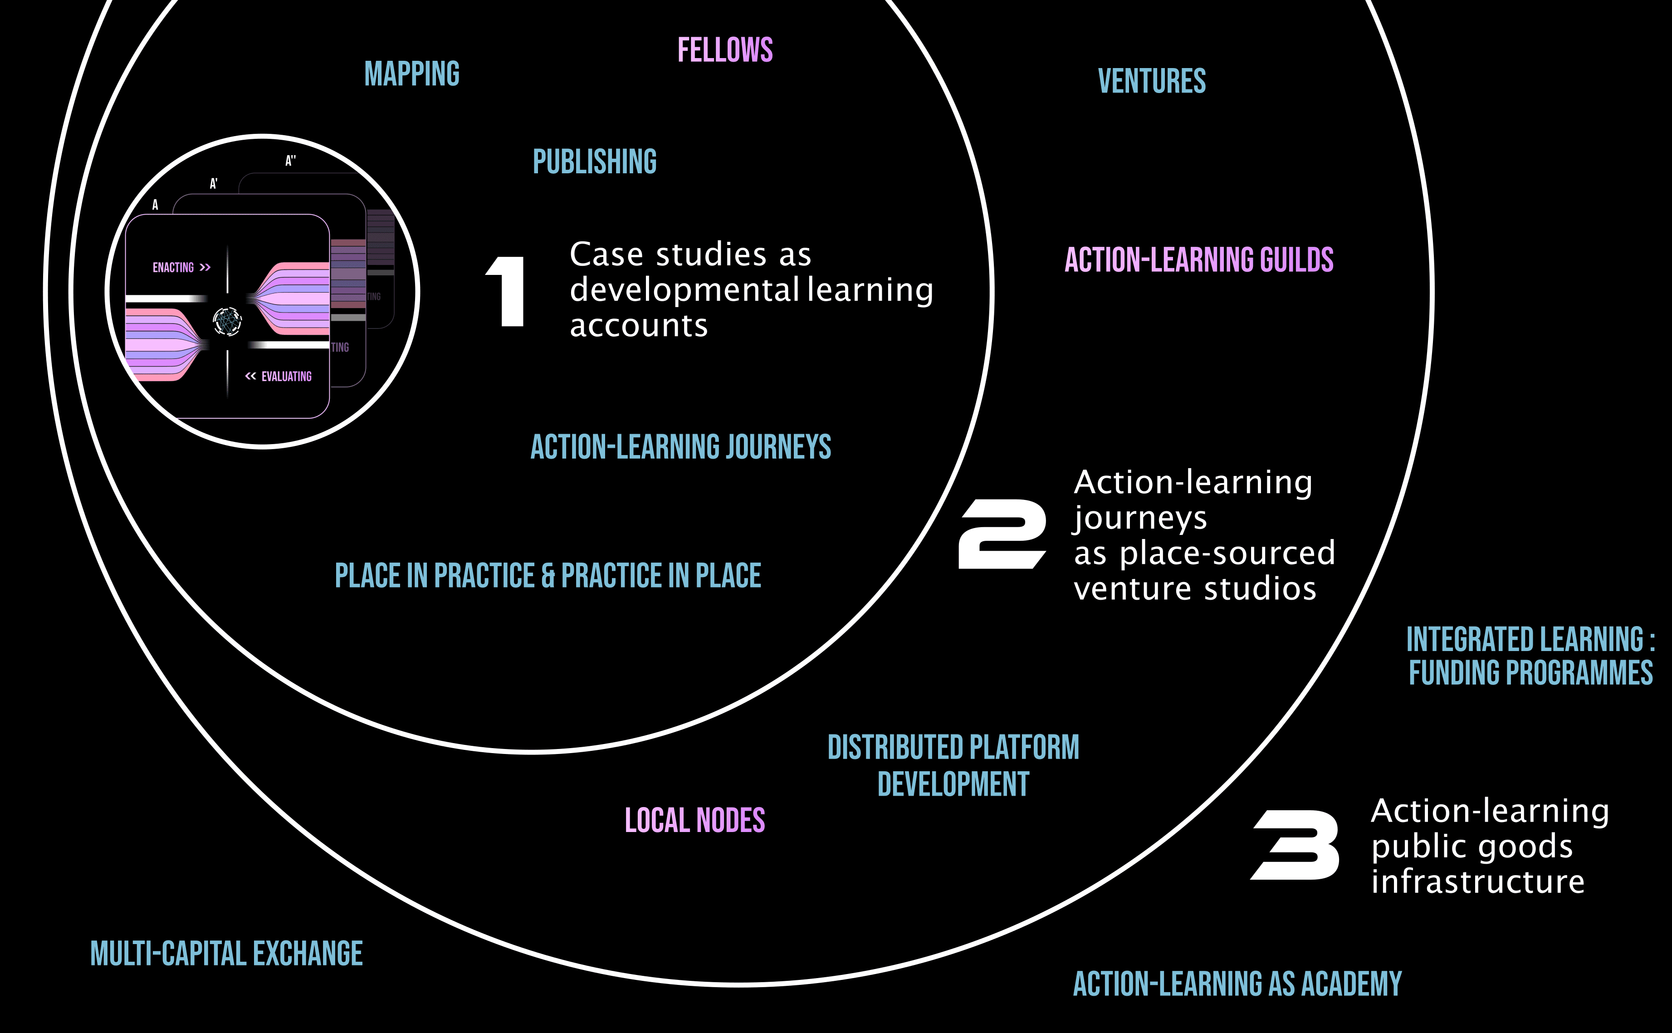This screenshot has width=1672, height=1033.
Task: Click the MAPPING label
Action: pyautogui.click(x=412, y=74)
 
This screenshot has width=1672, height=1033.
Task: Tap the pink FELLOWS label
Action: pyautogui.click(x=725, y=50)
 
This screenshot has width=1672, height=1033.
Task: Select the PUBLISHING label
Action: pyautogui.click(x=594, y=162)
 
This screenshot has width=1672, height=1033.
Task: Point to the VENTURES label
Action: pyautogui.click(x=1152, y=81)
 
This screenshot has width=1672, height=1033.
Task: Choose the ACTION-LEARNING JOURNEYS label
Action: pyautogui.click(x=680, y=447)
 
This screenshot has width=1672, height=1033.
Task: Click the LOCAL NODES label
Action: pyautogui.click(x=694, y=820)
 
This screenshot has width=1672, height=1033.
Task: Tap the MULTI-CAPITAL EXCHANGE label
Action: pyautogui.click(x=226, y=953)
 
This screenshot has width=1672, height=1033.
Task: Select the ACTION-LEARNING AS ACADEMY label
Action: pyautogui.click(x=1237, y=984)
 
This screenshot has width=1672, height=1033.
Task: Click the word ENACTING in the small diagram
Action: pyautogui.click(x=173, y=267)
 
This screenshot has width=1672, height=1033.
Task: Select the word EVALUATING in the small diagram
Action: pyautogui.click(x=286, y=377)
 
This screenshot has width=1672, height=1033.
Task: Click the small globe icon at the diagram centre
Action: pyautogui.click(x=227, y=320)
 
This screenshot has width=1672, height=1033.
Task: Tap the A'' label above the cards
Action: pyautogui.click(x=290, y=161)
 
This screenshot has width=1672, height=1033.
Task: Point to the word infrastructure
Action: pyautogui.click(x=1477, y=881)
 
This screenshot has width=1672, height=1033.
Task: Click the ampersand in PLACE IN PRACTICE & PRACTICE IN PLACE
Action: pyautogui.click(x=548, y=576)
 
